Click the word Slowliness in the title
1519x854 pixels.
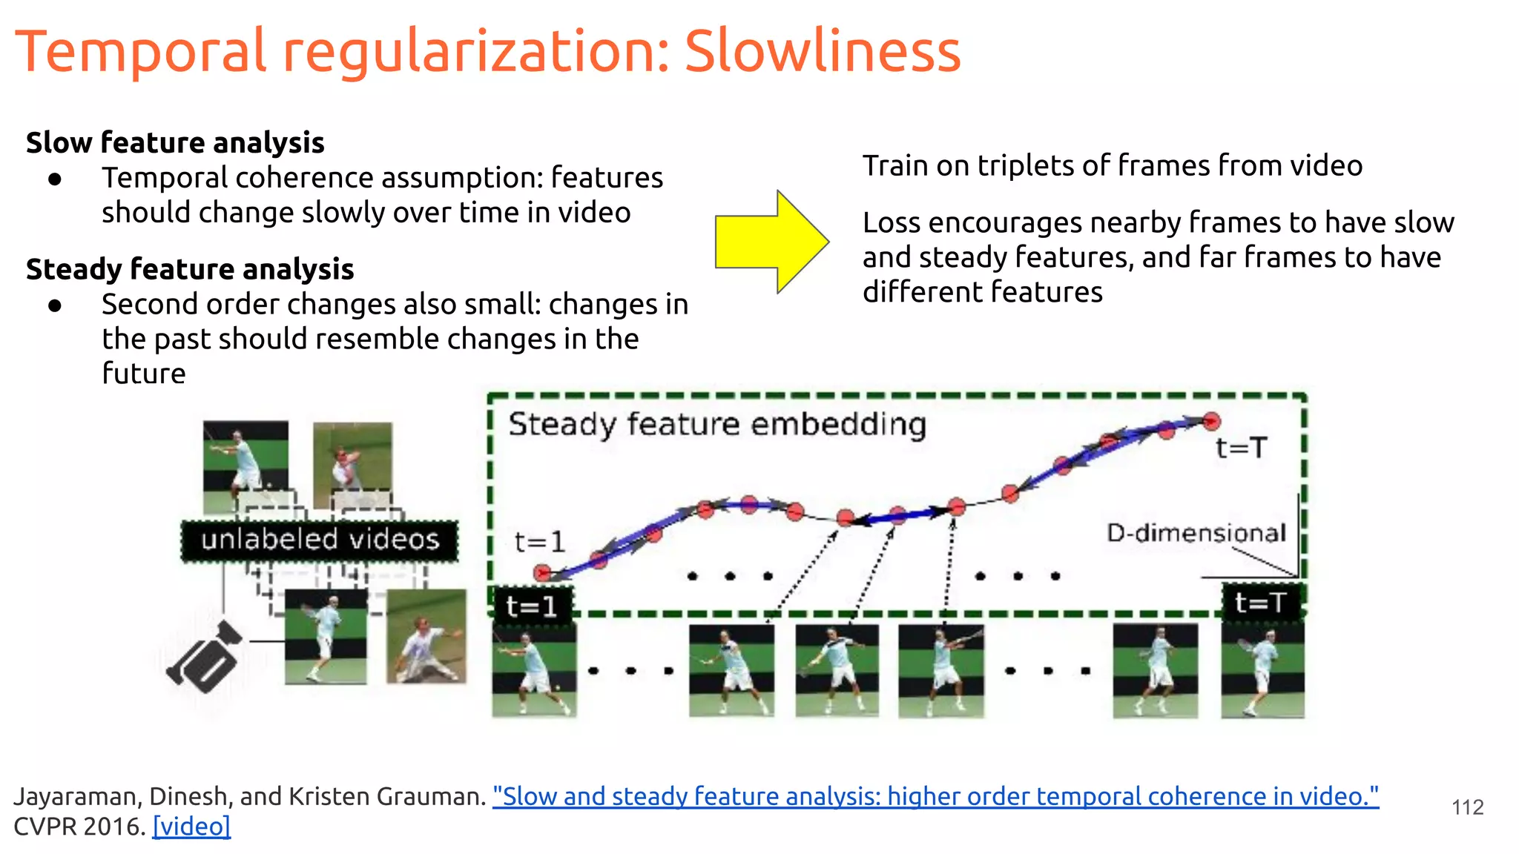(822, 52)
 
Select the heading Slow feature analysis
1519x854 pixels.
(175, 142)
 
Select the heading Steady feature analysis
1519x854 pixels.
(190, 269)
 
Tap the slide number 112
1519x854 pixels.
(1467, 807)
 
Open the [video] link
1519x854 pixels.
(191, 826)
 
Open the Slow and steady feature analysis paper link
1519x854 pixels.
(935, 796)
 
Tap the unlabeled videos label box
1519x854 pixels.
(320, 540)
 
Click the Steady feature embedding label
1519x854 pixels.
(717, 425)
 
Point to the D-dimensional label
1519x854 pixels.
(1196, 533)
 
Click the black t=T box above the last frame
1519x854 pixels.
(1261, 602)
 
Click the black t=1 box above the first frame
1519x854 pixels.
(532, 606)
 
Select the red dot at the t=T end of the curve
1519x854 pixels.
(1211, 422)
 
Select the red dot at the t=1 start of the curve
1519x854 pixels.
(542, 572)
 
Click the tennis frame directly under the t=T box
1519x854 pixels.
(1262, 670)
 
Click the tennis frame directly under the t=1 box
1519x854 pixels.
(534, 672)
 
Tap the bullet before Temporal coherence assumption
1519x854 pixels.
(54, 179)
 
